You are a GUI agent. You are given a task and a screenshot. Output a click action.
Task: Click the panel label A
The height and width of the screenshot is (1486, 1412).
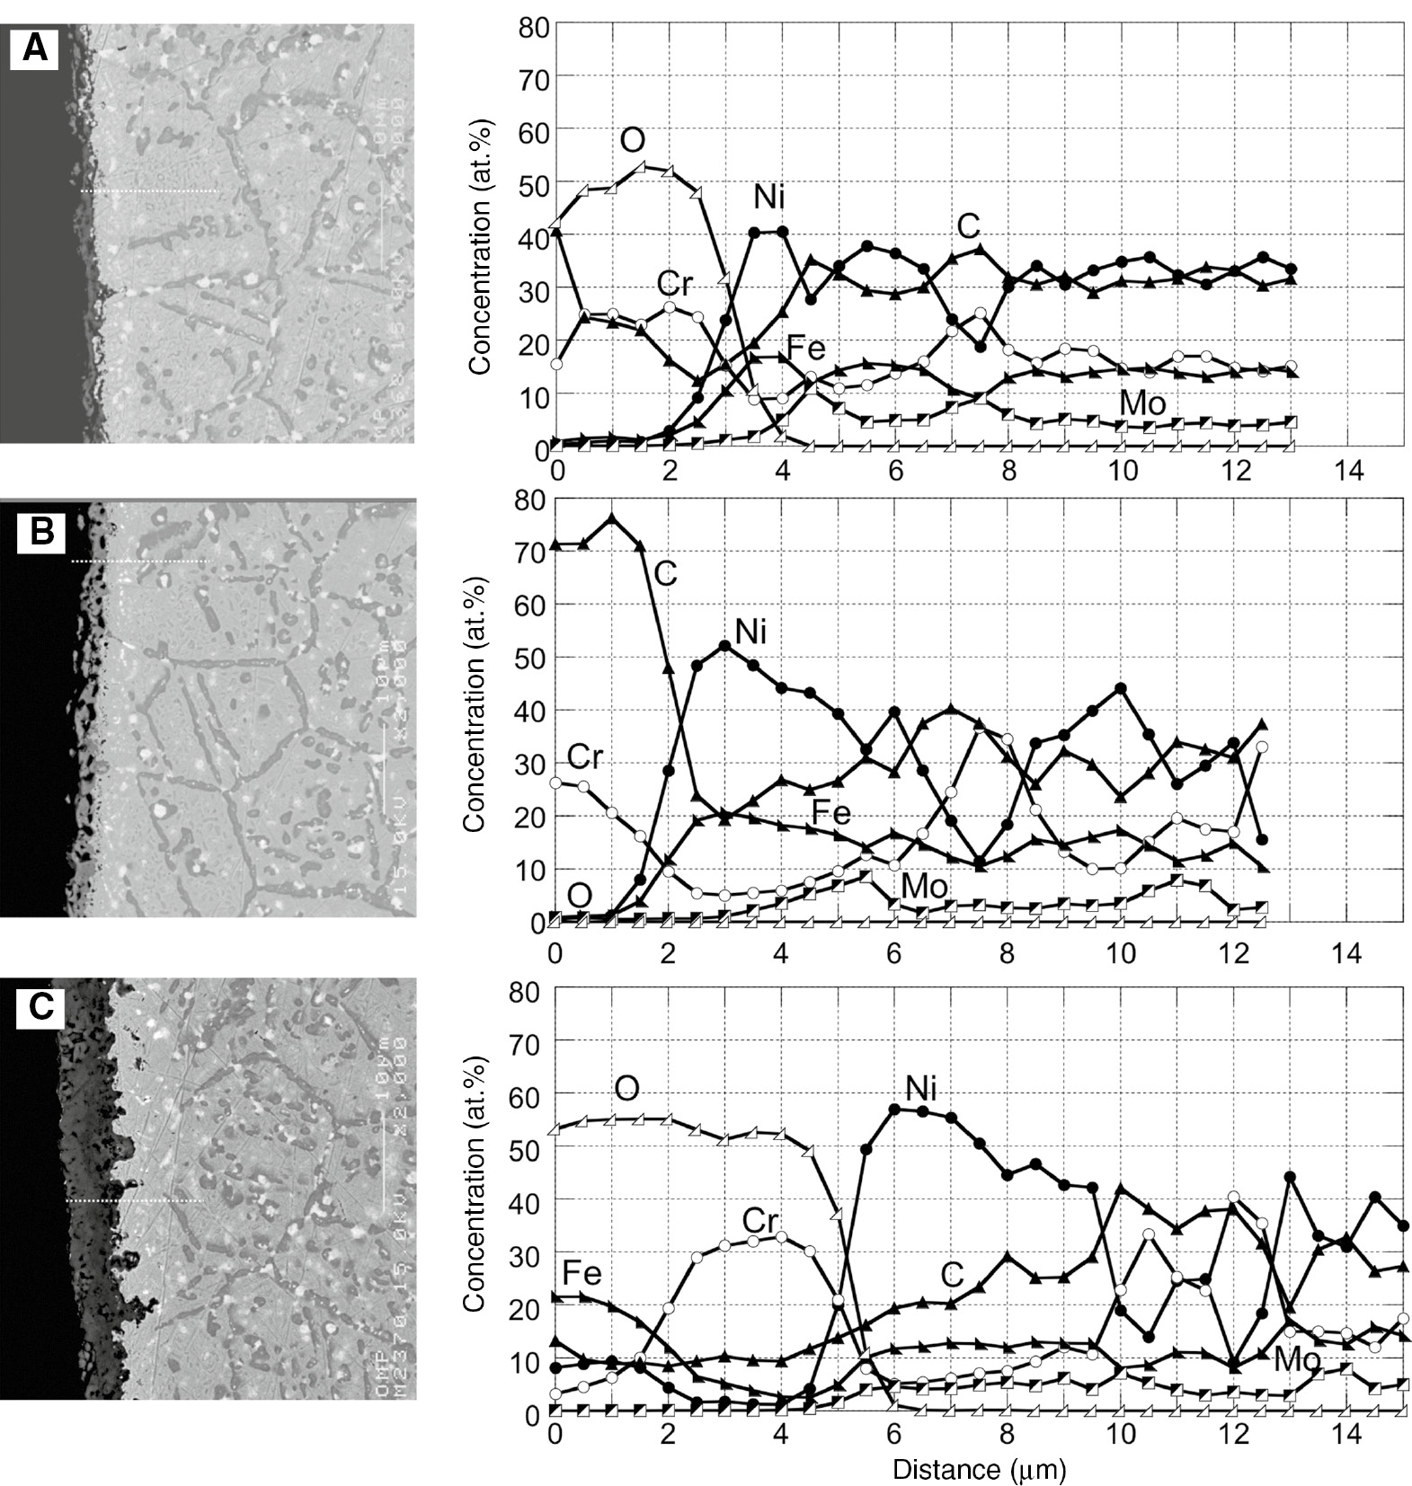tap(34, 47)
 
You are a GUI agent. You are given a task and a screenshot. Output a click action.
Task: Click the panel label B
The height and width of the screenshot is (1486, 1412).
tap(41, 532)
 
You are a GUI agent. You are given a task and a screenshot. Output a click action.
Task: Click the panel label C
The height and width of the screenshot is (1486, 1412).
tap(40, 1006)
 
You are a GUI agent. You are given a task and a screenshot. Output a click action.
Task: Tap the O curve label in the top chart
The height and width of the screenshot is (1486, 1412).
tap(632, 140)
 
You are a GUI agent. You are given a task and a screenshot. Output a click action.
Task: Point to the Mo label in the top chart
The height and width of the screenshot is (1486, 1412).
tap(1142, 402)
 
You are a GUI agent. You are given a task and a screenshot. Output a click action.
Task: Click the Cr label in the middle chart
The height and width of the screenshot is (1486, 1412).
tap(584, 756)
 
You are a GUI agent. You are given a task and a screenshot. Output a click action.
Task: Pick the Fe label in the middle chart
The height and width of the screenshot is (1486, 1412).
tap(830, 813)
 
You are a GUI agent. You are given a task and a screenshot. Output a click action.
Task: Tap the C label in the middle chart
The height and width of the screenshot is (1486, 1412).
tap(664, 572)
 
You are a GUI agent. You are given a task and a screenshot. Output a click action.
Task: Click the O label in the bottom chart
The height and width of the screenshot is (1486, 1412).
tap(626, 1088)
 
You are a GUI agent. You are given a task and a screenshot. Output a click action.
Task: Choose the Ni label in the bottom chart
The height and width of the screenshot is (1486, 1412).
tap(920, 1088)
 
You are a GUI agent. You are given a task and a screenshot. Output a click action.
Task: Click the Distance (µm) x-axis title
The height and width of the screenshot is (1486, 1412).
tap(979, 1469)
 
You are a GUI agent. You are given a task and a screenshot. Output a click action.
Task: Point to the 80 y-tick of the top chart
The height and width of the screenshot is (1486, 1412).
tap(533, 27)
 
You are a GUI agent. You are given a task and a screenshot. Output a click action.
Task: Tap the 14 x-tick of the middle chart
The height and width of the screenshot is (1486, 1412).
tap(1347, 952)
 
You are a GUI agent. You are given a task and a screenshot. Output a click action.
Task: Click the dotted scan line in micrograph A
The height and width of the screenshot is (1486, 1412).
tap(149, 190)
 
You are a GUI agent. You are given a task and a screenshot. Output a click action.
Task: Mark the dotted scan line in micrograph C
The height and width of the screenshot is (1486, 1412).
tap(135, 1200)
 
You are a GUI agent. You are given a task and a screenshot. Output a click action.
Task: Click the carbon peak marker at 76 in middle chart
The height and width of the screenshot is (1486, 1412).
tap(612, 518)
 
